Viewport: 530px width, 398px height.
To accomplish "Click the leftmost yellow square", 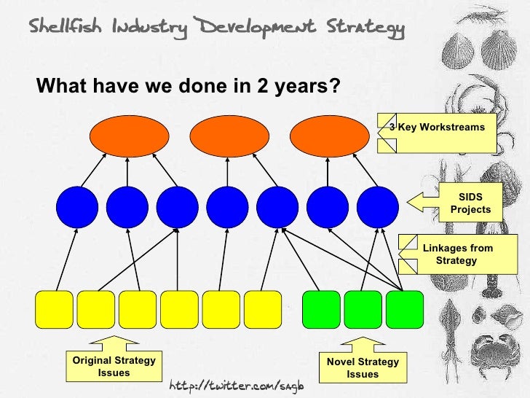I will click(55, 309).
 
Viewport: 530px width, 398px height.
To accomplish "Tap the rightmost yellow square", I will click(263, 309).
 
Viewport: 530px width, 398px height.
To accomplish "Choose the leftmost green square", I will click(321, 309).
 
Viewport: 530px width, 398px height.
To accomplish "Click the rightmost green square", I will click(404, 309).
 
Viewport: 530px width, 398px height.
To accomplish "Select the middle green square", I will click(363, 309).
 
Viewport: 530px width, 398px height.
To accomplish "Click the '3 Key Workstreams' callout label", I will click(438, 133).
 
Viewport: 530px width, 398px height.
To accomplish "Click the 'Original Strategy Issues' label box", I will click(114, 367).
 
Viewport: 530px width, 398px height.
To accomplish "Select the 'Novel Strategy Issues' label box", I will click(362, 367).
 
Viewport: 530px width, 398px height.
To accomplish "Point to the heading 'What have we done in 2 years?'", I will click(188, 86).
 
